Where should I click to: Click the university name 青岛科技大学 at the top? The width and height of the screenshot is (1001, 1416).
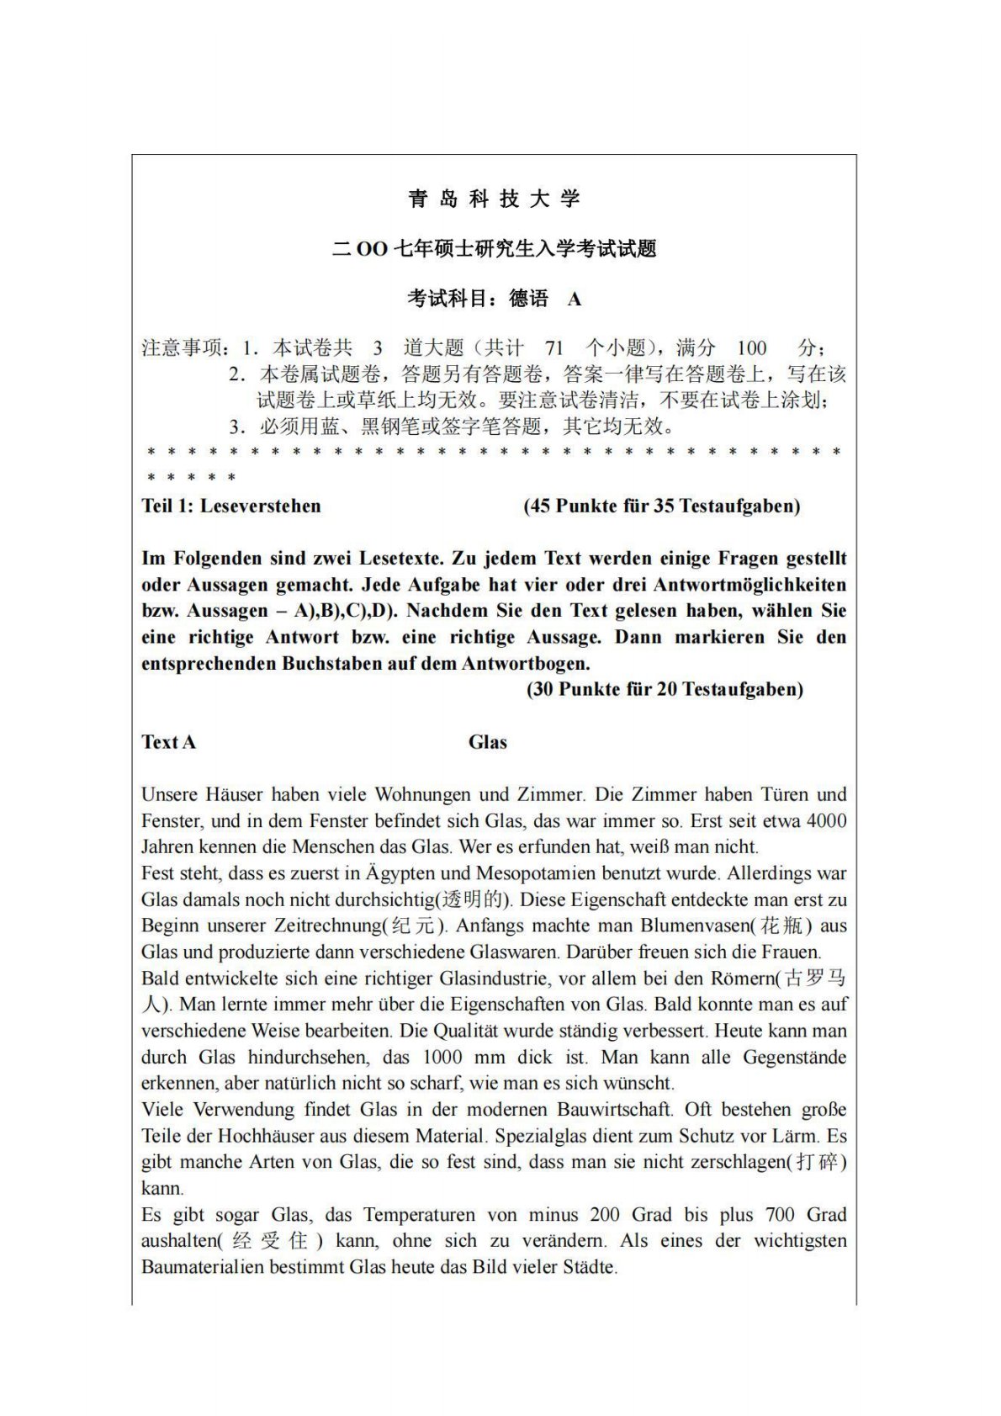click(x=494, y=199)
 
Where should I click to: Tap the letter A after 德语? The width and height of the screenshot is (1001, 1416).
click(x=575, y=299)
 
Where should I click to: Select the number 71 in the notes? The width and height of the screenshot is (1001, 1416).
click(x=553, y=347)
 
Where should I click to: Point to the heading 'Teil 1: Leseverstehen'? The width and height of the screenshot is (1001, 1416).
click(x=231, y=506)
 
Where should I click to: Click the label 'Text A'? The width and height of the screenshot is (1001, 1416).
click(x=168, y=742)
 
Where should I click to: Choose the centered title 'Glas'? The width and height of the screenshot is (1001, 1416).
click(x=488, y=742)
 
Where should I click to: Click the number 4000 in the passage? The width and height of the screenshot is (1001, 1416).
click(x=826, y=820)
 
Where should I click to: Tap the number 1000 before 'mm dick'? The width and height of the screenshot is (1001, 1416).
click(x=442, y=1057)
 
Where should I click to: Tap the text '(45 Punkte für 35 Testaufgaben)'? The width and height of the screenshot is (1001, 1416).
click(x=662, y=506)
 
